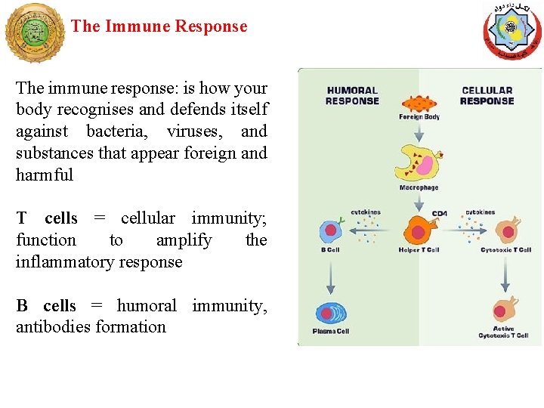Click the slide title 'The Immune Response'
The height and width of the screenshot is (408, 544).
pos(159,26)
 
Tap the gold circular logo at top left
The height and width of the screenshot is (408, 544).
pos(35,32)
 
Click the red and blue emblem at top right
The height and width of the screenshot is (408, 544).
pos(512,32)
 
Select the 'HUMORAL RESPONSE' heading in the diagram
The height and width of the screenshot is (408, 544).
pos(352,96)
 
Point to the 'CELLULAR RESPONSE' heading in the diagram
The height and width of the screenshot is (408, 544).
pos(487,96)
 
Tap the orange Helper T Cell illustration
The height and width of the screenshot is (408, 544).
pos(418,230)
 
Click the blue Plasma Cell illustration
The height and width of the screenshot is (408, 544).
pos(331,314)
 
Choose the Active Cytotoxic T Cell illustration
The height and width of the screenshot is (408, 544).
pos(503,311)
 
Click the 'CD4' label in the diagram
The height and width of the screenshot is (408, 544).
pos(440,214)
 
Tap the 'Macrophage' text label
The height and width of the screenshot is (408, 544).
pos(419,187)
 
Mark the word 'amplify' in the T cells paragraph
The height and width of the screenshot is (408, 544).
pos(184,240)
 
